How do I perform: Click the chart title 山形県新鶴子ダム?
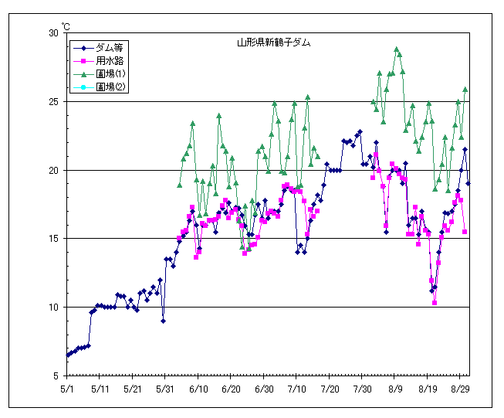pos(274,43)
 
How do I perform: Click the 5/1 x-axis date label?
pos(68,389)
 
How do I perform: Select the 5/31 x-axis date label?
pos(166,389)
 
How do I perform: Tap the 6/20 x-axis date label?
pos(232,389)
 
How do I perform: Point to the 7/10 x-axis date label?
pos(297,389)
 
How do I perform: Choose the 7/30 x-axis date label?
pos(363,389)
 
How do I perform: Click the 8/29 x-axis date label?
pos(461,389)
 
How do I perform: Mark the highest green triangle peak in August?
pos(397,49)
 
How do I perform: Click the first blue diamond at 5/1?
pos(68,355)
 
